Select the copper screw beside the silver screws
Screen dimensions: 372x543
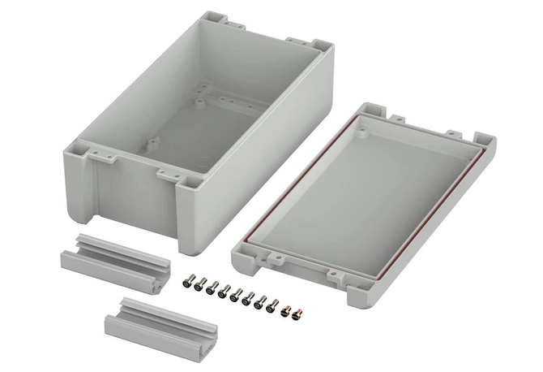click(285, 309)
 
